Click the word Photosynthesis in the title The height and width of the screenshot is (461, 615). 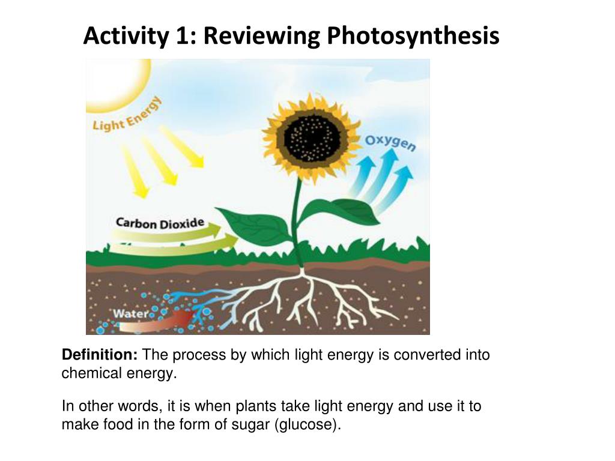point(413,37)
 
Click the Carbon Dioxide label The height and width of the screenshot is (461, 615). point(160,224)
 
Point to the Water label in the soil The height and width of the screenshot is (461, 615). point(132,313)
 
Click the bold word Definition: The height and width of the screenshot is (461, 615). point(100,355)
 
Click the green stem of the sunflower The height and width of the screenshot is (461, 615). point(295,210)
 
